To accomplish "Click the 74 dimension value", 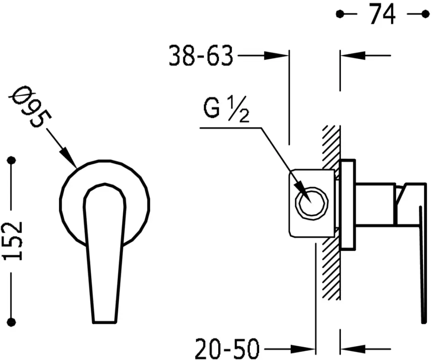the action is pos(382,14).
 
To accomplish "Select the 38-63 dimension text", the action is pos(201,56).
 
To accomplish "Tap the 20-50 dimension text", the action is pos(227,348).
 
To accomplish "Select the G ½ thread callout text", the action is pos(226,109).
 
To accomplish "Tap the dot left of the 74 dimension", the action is pos(340,14).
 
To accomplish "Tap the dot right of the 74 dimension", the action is pos(425,14).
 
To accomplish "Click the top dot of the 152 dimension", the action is pos(12,160).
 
